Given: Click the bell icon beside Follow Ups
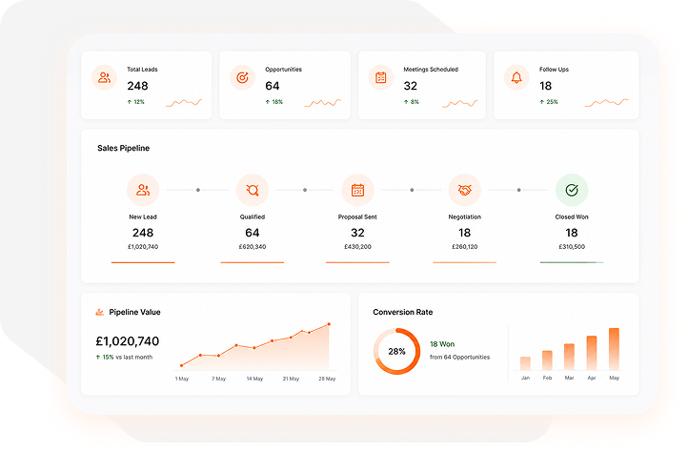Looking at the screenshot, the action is pos(516,78).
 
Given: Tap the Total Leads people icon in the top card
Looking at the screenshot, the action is pos(104,78).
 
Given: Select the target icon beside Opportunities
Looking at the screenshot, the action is pos(242,78).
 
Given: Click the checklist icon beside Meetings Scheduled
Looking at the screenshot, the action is pos(380,78).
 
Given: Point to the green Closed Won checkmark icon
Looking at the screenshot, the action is pos(572,190).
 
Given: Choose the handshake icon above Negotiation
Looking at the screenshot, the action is pos(464,190).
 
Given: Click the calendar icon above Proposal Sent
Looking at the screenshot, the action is pos(357,190).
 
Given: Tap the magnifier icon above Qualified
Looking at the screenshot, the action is pos(253,190).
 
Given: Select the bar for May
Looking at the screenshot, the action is pos(614,349).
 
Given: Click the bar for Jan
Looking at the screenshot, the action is pos(525,363).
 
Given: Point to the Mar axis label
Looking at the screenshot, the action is pos(569,378).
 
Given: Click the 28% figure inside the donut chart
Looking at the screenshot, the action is pos(396,352).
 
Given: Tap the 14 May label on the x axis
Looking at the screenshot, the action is pos(254,379).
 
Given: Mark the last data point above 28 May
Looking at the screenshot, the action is pos(329,324).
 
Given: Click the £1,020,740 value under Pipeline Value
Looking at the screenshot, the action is pos(128,340).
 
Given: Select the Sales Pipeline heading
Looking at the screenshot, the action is pos(123,148).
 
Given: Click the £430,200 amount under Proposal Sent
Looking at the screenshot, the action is pos(357,247).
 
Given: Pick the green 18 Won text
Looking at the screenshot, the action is pos(442,344).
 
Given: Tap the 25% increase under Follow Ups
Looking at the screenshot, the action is pos(549,102).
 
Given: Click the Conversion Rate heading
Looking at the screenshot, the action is pos(403,312).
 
